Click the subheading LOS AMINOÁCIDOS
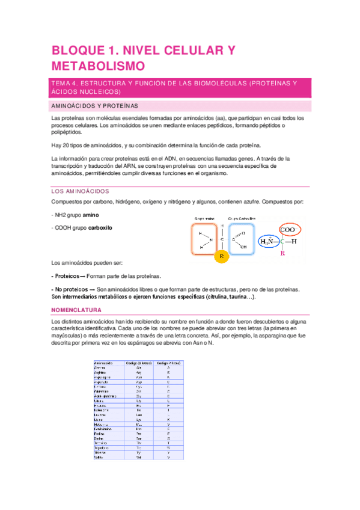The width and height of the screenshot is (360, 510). point(78,191)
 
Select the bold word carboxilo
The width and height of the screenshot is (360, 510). point(95,228)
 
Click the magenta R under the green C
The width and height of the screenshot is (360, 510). point(283,254)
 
